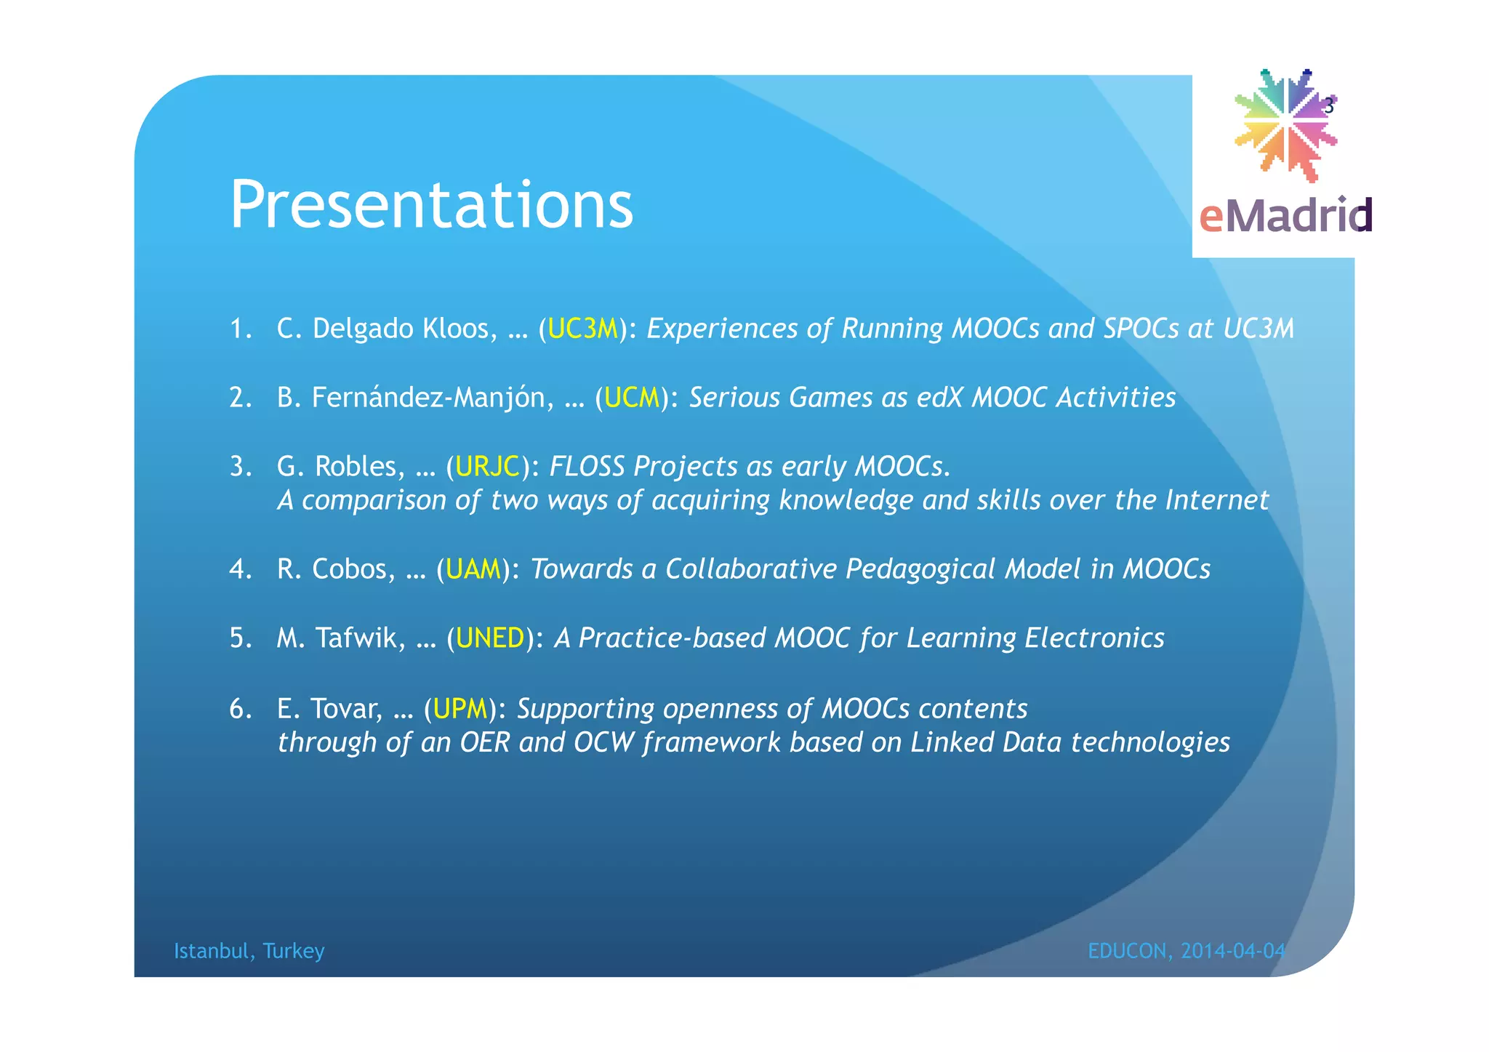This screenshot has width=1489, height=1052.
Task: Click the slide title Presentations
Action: (x=431, y=206)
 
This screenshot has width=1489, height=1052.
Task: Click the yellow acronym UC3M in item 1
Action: (x=582, y=329)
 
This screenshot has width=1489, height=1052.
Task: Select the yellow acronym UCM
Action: (x=631, y=398)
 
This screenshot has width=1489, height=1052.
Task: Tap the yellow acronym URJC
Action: (x=487, y=466)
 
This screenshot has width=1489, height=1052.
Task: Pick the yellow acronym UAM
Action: (x=473, y=569)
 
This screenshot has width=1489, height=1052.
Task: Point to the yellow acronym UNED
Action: (x=489, y=638)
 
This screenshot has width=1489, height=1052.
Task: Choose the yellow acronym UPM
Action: (x=459, y=708)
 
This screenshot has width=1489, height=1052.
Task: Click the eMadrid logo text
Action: (x=1285, y=215)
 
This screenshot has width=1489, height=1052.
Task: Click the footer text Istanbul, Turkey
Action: (x=249, y=951)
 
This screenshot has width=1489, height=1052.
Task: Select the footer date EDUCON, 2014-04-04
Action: (x=1186, y=951)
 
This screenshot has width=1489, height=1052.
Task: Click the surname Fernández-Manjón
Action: (x=432, y=398)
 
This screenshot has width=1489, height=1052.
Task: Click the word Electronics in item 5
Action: (x=1094, y=638)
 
